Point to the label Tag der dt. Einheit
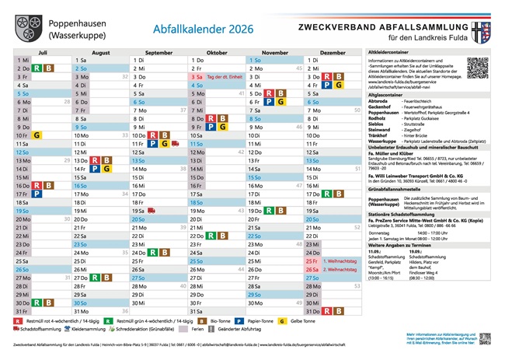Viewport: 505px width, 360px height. click(x=225, y=77)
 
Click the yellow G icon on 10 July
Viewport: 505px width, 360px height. click(x=37, y=135)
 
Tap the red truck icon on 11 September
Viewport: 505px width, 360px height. click(x=175, y=144)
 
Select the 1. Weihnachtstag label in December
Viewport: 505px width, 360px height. click(x=339, y=262)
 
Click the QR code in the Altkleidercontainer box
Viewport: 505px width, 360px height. click(x=480, y=68)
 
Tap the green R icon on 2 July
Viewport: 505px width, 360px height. click(x=37, y=68)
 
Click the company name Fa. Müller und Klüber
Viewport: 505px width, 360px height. click(x=393, y=152)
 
